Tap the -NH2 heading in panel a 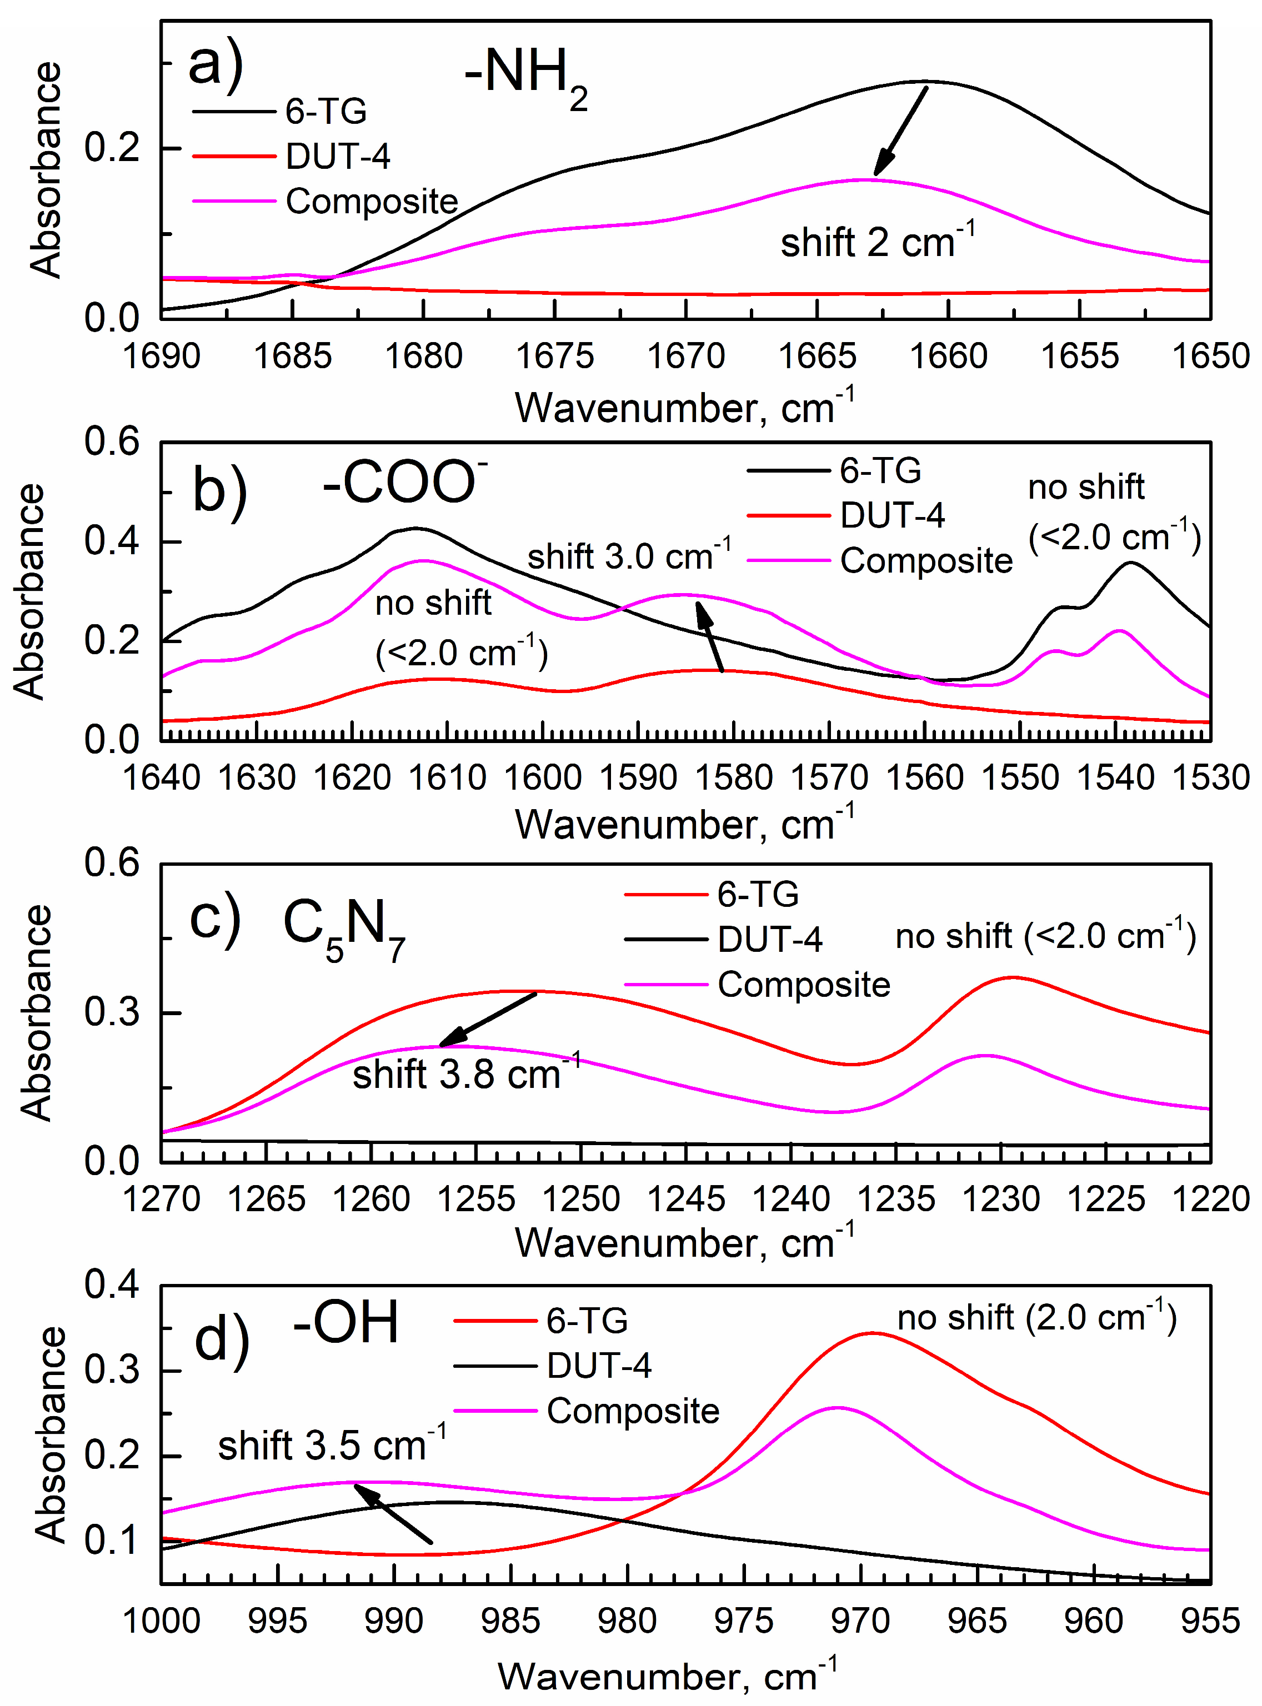point(525,77)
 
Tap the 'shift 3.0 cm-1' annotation point(629,556)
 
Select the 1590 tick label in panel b point(639,778)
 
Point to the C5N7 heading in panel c point(343,927)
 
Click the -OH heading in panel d point(346,1323)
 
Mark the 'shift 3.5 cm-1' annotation point(332,1445)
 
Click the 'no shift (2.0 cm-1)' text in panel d point(1036,1317)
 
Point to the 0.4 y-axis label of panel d point(112,1284)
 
